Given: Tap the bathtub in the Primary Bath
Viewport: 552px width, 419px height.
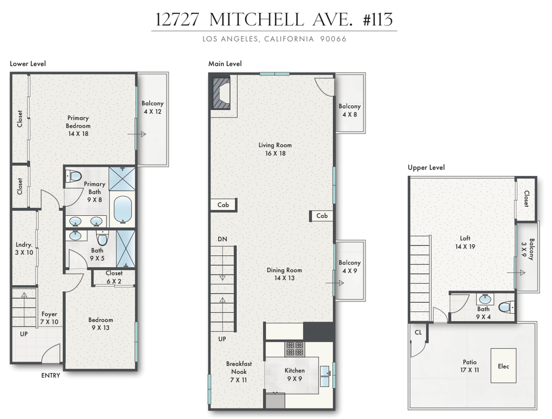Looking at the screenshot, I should pos(122,210).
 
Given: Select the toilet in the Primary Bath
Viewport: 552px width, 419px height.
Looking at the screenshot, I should pos(74,176).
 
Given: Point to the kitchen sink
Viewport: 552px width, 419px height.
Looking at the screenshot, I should pos(325,376).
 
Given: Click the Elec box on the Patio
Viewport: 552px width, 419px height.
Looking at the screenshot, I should pos(503,366).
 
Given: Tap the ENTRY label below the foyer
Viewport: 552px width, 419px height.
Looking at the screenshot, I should pos(50,375).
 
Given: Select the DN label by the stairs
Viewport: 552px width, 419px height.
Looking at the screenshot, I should pos(222,239).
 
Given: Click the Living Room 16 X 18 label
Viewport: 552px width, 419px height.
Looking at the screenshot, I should pos(275,149).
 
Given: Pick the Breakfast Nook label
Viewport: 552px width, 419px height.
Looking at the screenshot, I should pos(239,372).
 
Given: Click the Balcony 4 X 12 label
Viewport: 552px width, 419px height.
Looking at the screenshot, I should pos(152,107).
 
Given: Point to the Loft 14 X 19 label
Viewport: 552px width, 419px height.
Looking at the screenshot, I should pos(465,242).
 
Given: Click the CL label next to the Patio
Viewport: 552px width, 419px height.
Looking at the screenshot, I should pos(418,332).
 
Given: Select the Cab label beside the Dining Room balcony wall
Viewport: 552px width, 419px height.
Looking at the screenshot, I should pos(322,216).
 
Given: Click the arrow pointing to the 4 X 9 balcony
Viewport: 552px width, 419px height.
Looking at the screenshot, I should pos(335,283).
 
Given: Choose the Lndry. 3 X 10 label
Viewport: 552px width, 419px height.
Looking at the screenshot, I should pos(24,249).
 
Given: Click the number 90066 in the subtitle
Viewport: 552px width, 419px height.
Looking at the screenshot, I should pos(333,39).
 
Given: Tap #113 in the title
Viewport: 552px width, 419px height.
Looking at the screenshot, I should pos(378,19).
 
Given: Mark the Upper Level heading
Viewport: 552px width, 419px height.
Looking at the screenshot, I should pos(426,167).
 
